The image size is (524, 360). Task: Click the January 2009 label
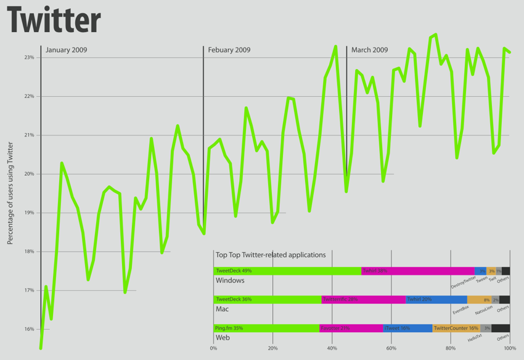(x=67, y=50)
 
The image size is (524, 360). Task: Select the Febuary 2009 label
(x=229, y=50)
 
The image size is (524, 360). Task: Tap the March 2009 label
(x=370, y=50)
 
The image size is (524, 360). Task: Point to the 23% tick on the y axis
(x=29, y=57)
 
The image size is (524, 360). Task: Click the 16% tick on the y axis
(x=29, y=329)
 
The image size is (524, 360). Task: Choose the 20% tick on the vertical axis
(x=29, y=174)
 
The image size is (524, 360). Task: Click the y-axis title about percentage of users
(x=10, y=193)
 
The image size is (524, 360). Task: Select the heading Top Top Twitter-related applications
(x=271, y=255)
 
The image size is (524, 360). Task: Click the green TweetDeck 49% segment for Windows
(x=287, y=271)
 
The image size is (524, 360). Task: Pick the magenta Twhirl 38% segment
(x=417, y=271)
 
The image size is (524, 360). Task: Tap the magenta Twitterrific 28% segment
(x=363, y=300)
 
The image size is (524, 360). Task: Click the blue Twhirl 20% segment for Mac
(x=436, y=300)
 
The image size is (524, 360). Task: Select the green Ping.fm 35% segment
(x=266, y=329)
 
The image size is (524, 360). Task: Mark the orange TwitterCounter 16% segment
(x=456, y=329)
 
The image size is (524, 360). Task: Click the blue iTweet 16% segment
(x=407, y=329)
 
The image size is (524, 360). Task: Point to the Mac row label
(x=222, y=309)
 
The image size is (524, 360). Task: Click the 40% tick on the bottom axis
(x=332, y=349)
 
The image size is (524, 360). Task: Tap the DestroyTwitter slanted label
(x=463, y=282)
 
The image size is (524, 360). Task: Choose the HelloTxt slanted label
(x=475, y=338)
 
